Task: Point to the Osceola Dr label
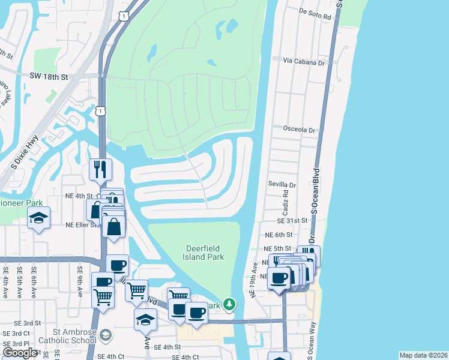point(299,130)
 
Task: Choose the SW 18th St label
point(50,77)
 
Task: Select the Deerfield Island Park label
point(203,253)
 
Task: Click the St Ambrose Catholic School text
point(66,337)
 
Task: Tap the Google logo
point(20,353)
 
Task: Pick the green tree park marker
point(229,305)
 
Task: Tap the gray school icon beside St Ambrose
point(106,334)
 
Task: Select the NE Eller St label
point(81,224)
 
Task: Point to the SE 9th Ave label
point(79,283)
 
